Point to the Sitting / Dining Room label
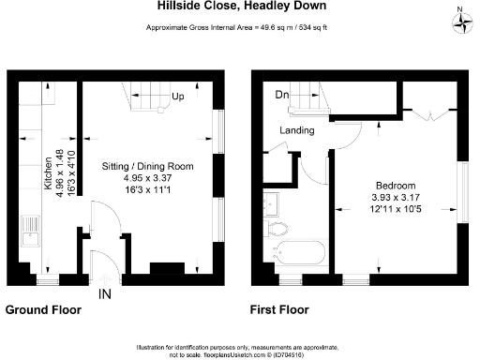(147, 166)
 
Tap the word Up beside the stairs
(177, 96)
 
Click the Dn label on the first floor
(281, 94)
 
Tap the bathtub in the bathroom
(298, 252)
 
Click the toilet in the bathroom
(278, 228)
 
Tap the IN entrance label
(106, 293)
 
